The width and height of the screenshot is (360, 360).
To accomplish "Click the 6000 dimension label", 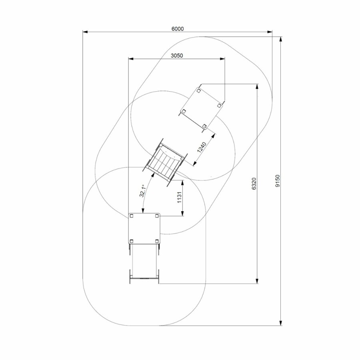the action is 178,29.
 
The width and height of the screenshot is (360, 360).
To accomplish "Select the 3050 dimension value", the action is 177,55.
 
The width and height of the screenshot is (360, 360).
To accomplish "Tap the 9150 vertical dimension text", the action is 278,181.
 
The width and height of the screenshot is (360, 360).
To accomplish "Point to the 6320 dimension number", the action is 254,184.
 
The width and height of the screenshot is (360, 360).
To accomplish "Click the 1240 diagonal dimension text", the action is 202,148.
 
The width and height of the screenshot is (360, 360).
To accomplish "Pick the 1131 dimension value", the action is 180,197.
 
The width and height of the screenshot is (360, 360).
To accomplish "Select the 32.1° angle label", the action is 142,191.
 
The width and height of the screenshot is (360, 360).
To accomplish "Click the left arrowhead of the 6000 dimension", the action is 85,32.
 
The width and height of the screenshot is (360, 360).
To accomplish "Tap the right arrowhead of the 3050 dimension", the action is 222,59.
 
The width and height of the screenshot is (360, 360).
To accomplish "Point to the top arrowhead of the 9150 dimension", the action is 280,39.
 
